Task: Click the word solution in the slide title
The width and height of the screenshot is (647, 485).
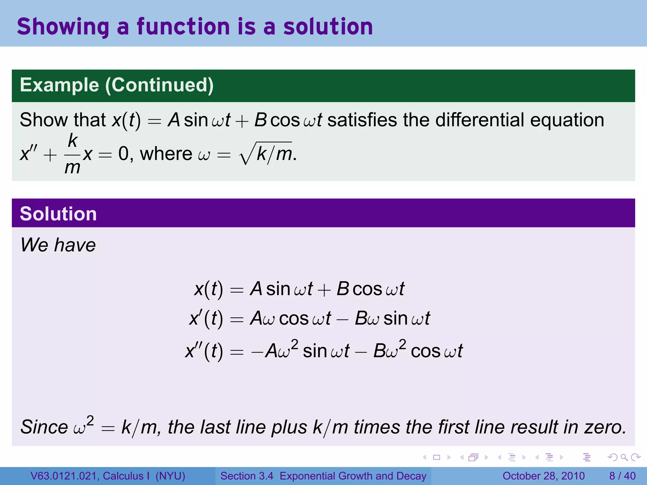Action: [328, 27]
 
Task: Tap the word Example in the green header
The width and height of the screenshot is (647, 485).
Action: [59, 85]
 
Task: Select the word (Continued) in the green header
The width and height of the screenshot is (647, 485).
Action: [159, 85]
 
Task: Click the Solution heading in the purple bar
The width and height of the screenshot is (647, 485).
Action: [58, 214]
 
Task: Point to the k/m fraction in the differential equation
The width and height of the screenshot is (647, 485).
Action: [72, 154]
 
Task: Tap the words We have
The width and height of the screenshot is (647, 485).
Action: [58, 245]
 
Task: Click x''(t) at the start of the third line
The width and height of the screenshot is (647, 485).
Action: [204, 351]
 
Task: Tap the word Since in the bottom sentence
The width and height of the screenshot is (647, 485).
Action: [44, 427]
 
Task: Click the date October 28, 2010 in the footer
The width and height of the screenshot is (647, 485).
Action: [543, 476]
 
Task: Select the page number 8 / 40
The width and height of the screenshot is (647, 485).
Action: [622, 476]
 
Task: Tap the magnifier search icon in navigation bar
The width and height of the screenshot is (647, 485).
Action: [624, 457]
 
